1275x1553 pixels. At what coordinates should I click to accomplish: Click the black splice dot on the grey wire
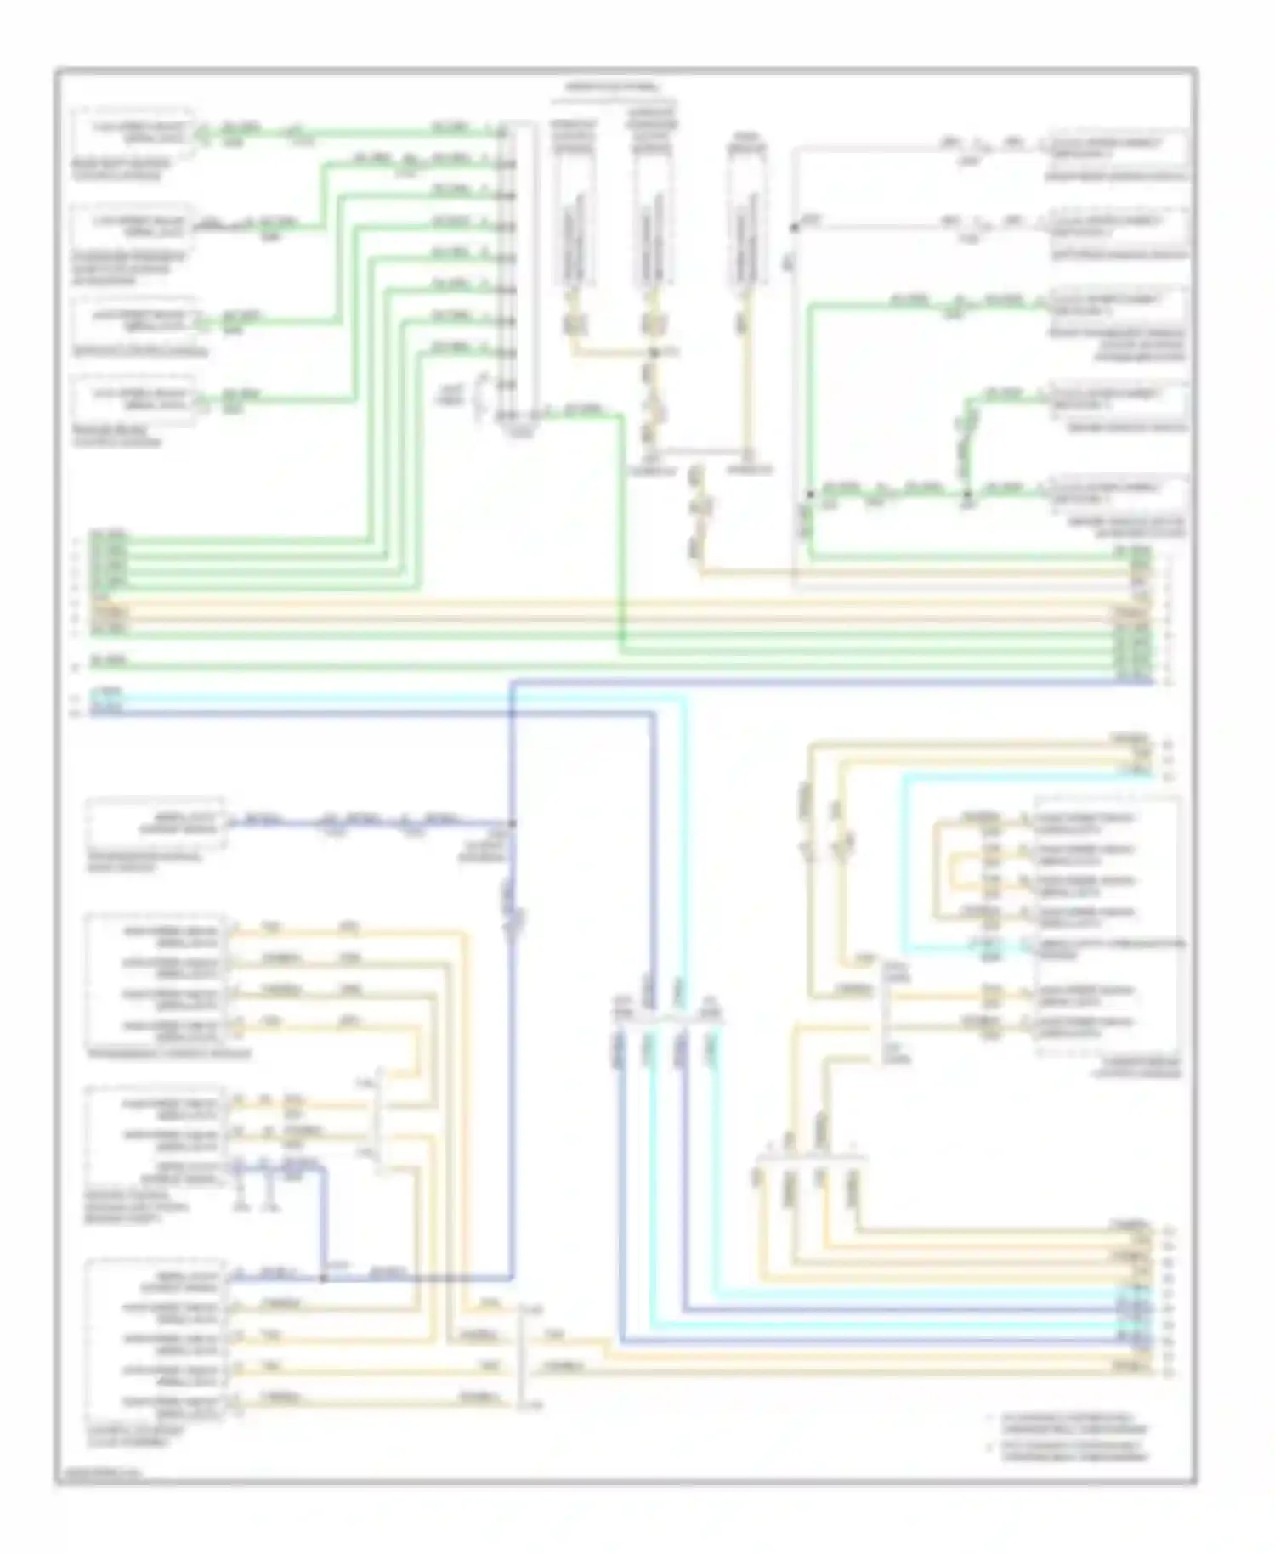(795, 228)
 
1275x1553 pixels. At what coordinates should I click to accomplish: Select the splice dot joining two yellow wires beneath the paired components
(654, 352)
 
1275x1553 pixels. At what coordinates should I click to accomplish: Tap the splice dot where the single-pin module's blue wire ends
(512, 823)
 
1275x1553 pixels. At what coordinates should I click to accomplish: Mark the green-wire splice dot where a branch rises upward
(967, 493)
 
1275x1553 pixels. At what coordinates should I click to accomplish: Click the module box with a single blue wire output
(156, 824)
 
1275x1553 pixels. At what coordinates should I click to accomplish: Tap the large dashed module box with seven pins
(1108, 926)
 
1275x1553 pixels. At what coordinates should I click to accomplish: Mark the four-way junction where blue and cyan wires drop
(668, 1019)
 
